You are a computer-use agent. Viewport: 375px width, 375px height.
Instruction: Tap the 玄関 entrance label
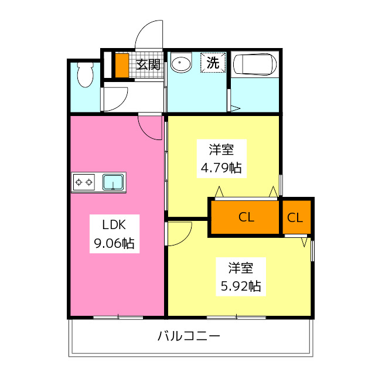pyautogui.click(x=148, y=64)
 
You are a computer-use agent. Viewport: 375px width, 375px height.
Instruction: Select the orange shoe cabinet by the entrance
pyautogui.click(x=121, y=65)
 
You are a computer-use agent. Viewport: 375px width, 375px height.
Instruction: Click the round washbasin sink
pyautogui.click(x=180, y=63)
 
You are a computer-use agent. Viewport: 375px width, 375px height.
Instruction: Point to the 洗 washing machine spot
pyautogui.click(x=213, y=63)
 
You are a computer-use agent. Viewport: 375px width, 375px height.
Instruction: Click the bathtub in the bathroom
pyautogui.click(x=255, y=64)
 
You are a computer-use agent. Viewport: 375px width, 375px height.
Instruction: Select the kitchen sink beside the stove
pyautogui.click(x=113, y=182)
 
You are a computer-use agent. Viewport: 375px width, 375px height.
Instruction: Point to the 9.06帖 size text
pyautogui.click(x=114, y=244)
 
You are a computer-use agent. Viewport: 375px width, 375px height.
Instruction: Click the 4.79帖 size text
pyautogui.click(x=221, y=168)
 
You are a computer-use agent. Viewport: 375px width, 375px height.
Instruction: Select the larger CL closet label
pyautogui.click(x=246, y=217)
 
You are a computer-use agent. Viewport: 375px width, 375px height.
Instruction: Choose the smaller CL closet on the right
pyautogui.click(x=295, y=217)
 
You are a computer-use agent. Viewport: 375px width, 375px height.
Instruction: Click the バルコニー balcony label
pyautogui.click(x=189, y=336)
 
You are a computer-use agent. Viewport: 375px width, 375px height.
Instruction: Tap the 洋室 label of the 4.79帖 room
pyautogui.click(x=221, y=148)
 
